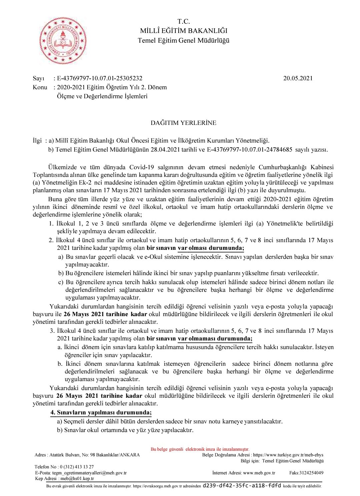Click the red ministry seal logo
click(63, 41)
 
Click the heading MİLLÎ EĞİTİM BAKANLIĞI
click(183, 31)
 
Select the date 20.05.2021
click(298, 78)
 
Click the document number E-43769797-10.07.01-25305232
click(100, 78)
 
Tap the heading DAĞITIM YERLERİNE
click(183, 123)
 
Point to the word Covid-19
click(142, 167)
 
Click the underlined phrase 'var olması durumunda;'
click(211, 248)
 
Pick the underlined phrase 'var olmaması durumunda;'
click(215, 339)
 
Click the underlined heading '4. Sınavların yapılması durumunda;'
click(101, 413)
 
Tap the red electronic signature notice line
click(200, 449)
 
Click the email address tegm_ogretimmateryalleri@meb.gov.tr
click(89, 473)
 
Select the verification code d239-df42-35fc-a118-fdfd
click(242, 486)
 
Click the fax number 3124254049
click(311, 473)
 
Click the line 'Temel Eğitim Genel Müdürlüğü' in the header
click(183, 41)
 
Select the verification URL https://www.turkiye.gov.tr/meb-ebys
click(288, 455)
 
